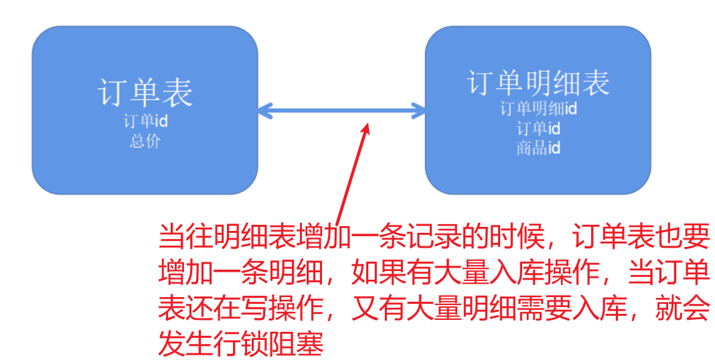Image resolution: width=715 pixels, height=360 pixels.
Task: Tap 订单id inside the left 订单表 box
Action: [x=145, y=122]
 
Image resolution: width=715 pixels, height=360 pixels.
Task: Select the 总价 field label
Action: [x=145, y=141]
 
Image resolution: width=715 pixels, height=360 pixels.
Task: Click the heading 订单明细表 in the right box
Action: [x=538, y=83]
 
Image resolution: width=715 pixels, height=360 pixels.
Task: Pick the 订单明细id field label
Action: [x=538, y=108]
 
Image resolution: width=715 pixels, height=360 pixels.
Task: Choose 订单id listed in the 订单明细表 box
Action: [x=538, y=128]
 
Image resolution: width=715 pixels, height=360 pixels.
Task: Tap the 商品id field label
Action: [x=538, y=147]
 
